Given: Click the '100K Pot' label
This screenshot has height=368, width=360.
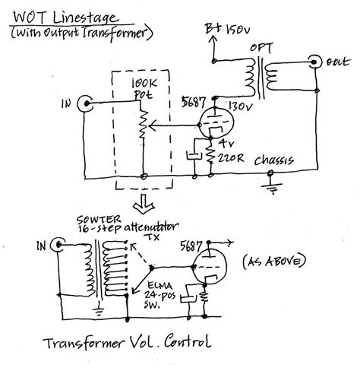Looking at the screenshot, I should (144, 85).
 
